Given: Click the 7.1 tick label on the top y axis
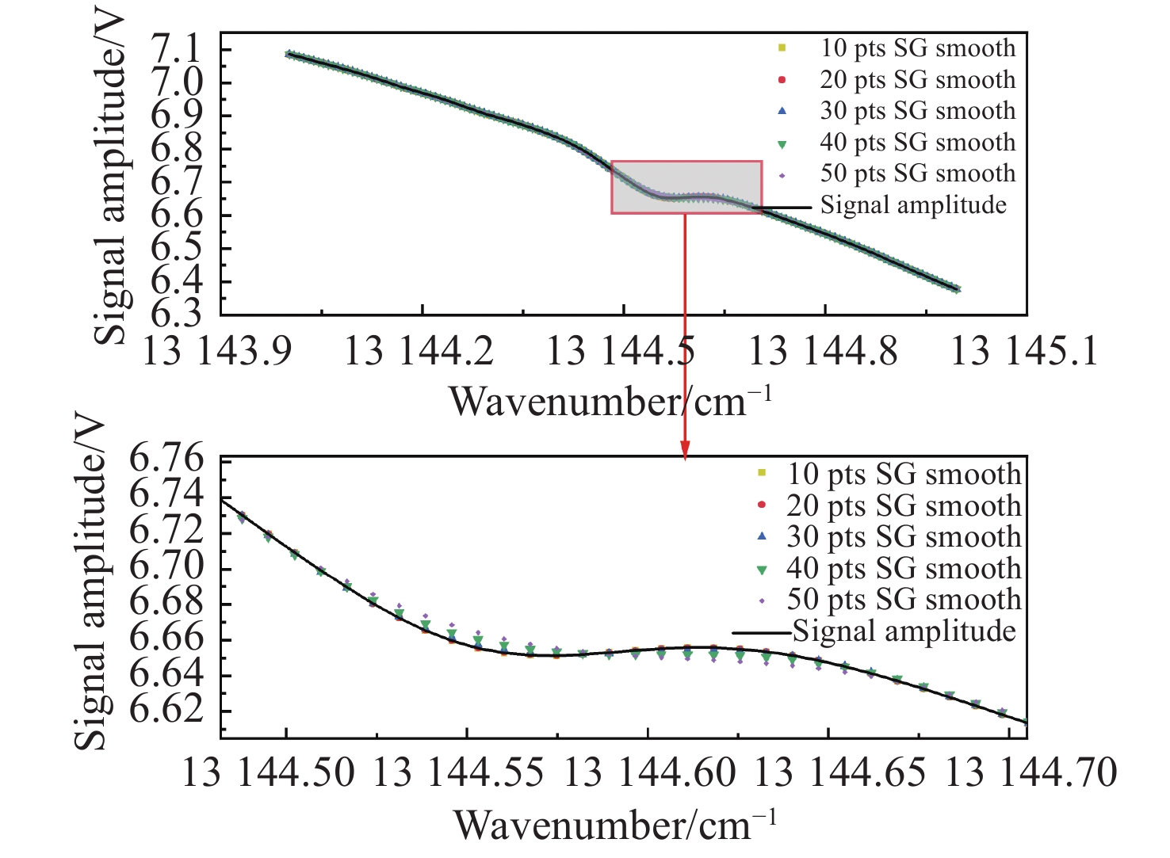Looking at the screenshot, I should tap(176, 51).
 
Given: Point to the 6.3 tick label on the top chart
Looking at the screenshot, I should tap(176, 315).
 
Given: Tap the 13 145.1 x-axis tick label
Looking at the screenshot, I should tap(1024, 350).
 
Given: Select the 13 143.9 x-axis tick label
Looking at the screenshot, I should tap(217, 350).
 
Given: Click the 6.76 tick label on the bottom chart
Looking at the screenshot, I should tap(166, 460).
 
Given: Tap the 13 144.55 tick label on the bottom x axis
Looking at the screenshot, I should tap(458, 772).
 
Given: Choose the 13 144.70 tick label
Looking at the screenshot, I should tap(1030, 772).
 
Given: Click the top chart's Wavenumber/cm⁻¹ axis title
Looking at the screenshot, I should tap(610, 401).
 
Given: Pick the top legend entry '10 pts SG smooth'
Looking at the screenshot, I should tap(917, 48).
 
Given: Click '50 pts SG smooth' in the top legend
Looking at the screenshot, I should tap(917, 174).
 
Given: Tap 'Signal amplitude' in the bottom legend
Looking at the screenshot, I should tap(904, 631).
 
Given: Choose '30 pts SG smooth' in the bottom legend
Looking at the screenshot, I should tap(904, 537).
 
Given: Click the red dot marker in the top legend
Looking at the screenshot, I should tap(782, 80).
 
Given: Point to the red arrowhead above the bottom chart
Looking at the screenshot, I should tap(685, 449).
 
